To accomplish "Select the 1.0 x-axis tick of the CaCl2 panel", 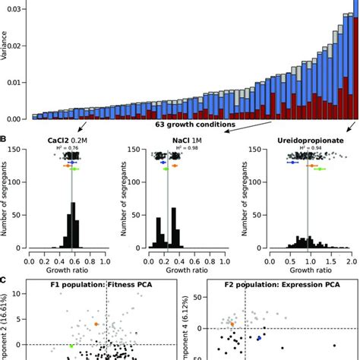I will pos(116,259).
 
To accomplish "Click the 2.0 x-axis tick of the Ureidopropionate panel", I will pos(350,259).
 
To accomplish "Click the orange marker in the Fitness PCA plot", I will pos(96,324).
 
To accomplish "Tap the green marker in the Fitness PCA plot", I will pos(71,346).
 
